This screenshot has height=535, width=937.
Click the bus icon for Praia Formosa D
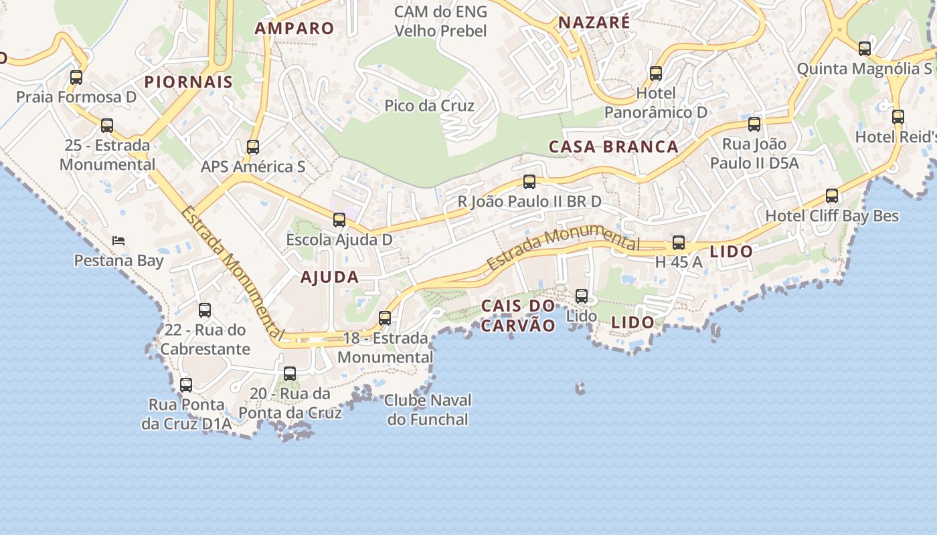pos(76,78)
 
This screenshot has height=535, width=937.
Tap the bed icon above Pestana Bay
pos(118,240)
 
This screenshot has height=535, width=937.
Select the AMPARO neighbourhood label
pos(294,28)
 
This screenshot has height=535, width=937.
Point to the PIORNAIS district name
pos(189,82)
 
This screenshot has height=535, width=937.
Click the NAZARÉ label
pos(594,22)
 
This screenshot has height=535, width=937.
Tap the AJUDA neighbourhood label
pos(329,277)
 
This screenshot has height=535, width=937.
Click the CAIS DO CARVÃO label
pos(518,316)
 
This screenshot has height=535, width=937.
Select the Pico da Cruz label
pos(429,106)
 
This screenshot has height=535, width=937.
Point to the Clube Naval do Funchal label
pos(428,410)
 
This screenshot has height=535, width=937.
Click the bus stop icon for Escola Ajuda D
pos(339,220)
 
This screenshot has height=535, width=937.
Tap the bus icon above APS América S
pos(252,147)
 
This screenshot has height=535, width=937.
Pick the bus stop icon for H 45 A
pos(679,243)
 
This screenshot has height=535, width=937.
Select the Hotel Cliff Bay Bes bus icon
pos(831,196)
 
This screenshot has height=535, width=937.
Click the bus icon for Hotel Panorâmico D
pos(656,74)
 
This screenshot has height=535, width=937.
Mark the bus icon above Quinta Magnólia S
pos(865,49)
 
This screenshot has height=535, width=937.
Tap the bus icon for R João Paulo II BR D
pos(529,182)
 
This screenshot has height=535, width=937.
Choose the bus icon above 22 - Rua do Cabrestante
pos(205,310)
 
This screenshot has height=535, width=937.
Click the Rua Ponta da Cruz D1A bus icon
pos(186,385)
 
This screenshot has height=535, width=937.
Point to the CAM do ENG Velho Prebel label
pos(440,21)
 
